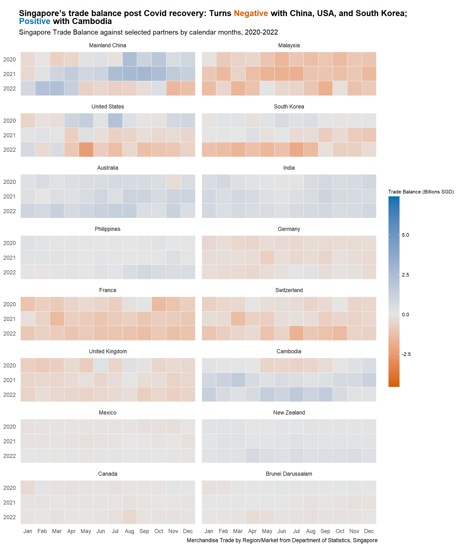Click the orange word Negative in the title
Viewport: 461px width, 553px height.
250,13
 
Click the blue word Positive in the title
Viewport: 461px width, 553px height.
35,21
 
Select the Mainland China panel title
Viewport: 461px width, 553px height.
108,45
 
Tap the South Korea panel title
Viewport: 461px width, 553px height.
289,107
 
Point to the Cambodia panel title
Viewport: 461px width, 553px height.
289,351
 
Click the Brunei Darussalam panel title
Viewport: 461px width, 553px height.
289,474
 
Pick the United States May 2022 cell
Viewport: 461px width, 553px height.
86,150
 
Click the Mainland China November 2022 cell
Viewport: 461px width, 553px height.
173,88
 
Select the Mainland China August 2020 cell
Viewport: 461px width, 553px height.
130,59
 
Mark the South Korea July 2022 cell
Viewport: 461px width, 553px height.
296,150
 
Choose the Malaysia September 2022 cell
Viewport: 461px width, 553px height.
325,88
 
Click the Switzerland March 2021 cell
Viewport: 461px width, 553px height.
238,319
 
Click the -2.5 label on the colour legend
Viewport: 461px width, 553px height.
406,354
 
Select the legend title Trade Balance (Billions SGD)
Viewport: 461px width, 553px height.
421,192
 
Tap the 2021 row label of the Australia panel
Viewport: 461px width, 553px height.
9,196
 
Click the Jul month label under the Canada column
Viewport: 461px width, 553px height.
115,531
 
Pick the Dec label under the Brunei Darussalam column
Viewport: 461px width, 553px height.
369,531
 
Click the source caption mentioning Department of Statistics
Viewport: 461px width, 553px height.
282,540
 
